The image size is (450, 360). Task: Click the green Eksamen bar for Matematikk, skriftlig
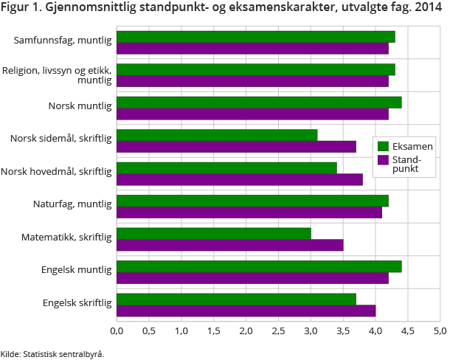(214, 234)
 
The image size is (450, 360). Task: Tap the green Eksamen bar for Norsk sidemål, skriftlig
(217, 135)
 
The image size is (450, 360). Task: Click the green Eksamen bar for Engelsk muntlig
(259, 266)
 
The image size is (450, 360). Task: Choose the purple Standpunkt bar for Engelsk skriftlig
(246, 311)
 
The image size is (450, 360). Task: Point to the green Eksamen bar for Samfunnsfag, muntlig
(256, 37)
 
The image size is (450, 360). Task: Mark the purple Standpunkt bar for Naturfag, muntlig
(249, 212)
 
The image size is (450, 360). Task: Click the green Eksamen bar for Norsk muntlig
(259, 103)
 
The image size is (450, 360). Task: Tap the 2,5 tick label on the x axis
(278, 330)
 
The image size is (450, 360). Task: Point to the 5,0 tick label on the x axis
(440, 330)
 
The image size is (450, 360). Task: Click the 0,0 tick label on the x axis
(117, 330)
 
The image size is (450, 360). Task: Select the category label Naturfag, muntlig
(72, 204)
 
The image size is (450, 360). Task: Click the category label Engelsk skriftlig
(77, 302)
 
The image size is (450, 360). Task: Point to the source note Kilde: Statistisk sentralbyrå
(52, 353)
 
